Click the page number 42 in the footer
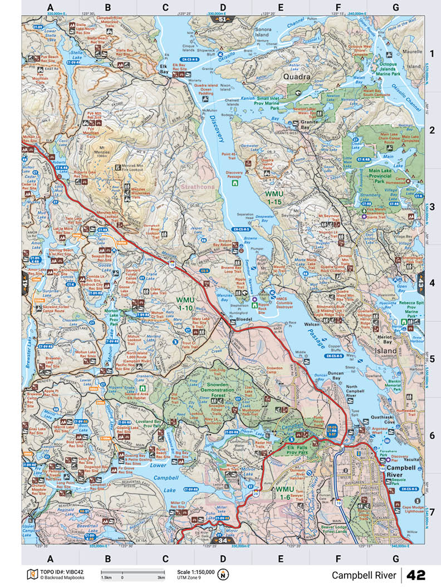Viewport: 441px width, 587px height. [x=416, y=574]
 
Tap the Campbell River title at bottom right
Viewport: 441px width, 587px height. [x=364, y=574]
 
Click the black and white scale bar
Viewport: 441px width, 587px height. [x=133, y=572]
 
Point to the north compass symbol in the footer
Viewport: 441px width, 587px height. [x=223, y=574]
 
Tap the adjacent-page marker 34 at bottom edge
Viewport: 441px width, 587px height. [x=220, y=540]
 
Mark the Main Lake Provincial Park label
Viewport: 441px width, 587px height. [x=380, y=176]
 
